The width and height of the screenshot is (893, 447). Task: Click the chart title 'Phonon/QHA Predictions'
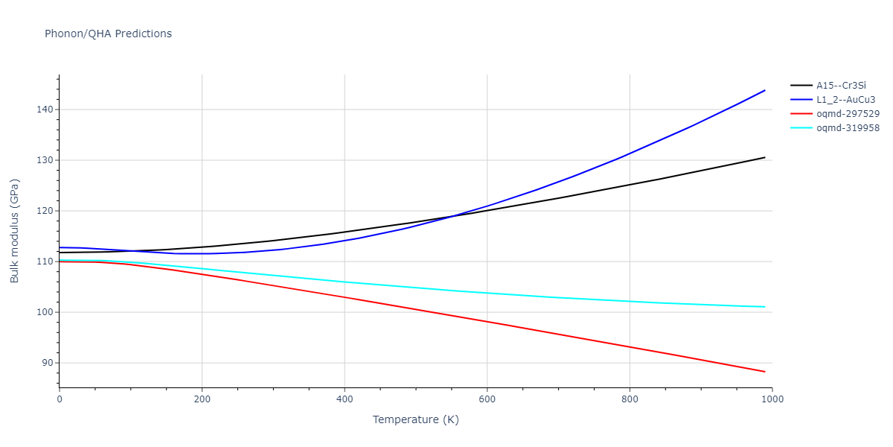[x=108, y=34]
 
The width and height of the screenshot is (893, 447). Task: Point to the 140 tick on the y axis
[x=45, y=110]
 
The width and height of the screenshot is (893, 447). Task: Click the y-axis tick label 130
[x=45, y=160]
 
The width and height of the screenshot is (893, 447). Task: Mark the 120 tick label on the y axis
[x=45, y=211]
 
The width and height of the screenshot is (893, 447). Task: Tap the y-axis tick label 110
[x=45, y=261]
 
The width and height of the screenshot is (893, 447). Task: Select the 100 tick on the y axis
[x=45, y=312]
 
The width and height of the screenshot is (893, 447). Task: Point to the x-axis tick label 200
[x=202, y=399]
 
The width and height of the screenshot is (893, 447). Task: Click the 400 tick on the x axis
[x=345, y=399]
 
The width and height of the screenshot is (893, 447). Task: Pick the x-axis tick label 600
[x=487, y=399]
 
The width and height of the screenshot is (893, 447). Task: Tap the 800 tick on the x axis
[x=630, y=399]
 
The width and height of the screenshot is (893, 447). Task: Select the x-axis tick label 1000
[x=772, y=399]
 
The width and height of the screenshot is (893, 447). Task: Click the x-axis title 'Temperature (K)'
[x=415, y=419]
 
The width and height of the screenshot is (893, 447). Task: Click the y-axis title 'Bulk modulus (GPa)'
[x=15, y=231]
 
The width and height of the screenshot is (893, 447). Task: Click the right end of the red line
[x=765, y=372]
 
